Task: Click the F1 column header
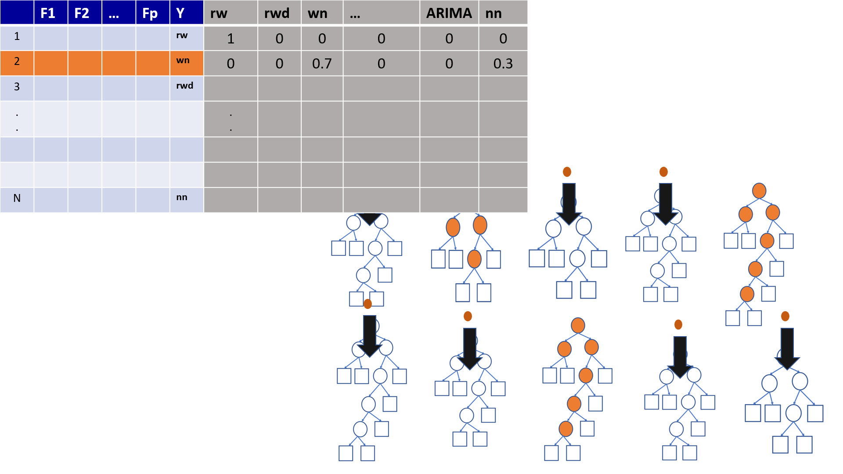pyautogui.click(x=48, y=13)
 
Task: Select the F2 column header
pyautogui.click(x=82, y=13)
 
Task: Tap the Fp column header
pyautogui.click(x=150, y=13)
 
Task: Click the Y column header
pyautogui.click(x=180, y=13)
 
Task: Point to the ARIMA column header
pyautogui.click(x=449, y=13)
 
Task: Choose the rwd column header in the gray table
pyautogui.click(x=277, y=13)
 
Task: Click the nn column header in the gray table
pyautogui.click(x=494, y=13)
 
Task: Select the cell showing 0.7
pyautogui.click(x=322, y=64)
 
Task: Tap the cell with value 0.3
pyautogui.click(x=503, y=64)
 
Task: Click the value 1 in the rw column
pyautogui.click(x=231, y=39)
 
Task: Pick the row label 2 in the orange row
pyautogui.click(x=17, y=61)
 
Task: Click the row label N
pyautogui.click(x=17, y=198)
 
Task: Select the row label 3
pyautogui.click(x=17, y=86)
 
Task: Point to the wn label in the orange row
pyautogui.click(x=183, y=60)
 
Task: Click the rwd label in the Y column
pyautogui.click(x=184, y=86)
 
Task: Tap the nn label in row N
pyautogui.click(x=182, y=197)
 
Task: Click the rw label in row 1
pyautogui.click(x=182, y=35)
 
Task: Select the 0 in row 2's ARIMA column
pyautogui.click(x=449, y=64)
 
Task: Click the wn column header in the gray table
pyautogui.click(x=317, y=13)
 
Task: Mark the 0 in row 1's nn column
pyautogui.click(x=503, y=39)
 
